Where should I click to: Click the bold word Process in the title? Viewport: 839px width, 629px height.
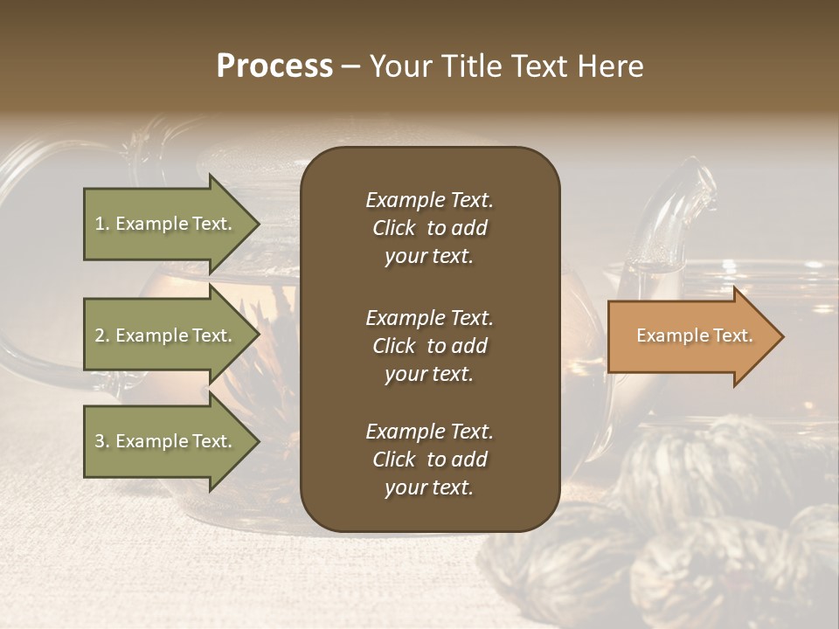pos(274,66)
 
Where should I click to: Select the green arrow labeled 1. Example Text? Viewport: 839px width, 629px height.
pos(166,224)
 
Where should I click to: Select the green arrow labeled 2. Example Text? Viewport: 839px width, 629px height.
pos(166,335)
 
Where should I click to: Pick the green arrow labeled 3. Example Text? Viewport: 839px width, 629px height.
pos(166,441)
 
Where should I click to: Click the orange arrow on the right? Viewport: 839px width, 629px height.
pos(690,336)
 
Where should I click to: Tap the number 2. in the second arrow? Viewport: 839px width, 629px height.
pos(102,335)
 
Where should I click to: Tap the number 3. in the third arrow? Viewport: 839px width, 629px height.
pos(102,441)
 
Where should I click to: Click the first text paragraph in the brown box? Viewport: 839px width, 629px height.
pos(429,228)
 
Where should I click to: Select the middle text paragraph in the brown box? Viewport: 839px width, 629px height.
pos(429,345)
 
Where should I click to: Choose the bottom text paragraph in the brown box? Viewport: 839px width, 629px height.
pos(429,460)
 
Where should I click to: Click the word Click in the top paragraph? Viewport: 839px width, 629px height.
pos(393,228)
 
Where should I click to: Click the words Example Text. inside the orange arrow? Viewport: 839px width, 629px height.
pos(694,335)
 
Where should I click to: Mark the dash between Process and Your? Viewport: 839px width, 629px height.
pos(350,67)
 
